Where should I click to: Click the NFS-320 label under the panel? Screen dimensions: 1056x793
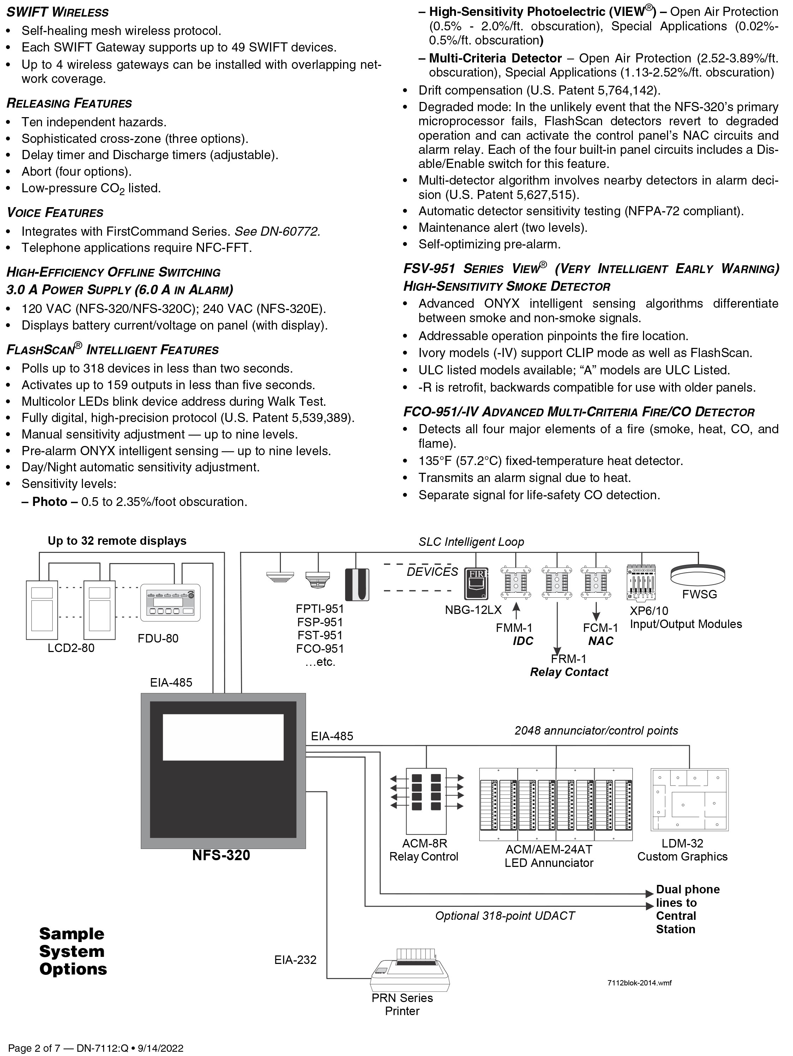pyautogui.click(x=221, y=855)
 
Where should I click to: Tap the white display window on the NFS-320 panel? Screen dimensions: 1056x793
pyautogui.click(x=223, y=737)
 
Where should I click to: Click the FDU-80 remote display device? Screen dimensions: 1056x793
pyautogui.click(x=170, y=603)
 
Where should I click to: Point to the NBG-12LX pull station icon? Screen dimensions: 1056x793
pyautogui.click(x=476, y=583)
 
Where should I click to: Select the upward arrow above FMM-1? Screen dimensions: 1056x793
pyautogui.click(x=516, y=611)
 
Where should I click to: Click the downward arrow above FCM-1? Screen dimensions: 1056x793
pyautogui.click(x=596, y=611)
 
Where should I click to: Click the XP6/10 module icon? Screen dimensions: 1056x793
pyautogui.click(x=642, y=583)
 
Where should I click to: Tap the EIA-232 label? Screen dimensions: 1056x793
pyautogui.click(x=295, y=960)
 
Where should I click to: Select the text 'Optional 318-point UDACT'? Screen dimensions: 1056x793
pyautogui.click(x=505, y=916)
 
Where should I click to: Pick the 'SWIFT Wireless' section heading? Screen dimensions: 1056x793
pyautogui.click(x=58, y=12)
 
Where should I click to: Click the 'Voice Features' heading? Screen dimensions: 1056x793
pyautogui.click(x=55, y=212)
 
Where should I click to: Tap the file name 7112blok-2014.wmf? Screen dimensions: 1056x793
pyautogui.click(x=639, y=983)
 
